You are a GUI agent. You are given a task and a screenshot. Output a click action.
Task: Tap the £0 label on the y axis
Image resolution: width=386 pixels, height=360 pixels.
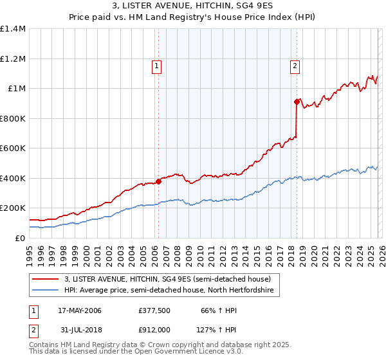tap(19, 238)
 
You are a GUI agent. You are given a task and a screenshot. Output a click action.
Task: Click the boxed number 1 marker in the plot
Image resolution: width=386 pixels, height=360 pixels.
tap(157, 64)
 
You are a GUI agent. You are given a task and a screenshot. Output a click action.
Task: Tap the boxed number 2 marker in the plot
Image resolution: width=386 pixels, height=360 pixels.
tap(295, 64)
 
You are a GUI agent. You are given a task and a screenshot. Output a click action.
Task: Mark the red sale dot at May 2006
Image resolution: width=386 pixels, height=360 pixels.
tap(158, 181)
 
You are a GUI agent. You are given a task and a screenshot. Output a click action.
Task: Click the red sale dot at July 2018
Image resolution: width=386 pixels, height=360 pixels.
tap(297, 102)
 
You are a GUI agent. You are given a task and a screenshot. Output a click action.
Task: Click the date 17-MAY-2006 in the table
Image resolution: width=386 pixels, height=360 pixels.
tap(79, 310)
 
